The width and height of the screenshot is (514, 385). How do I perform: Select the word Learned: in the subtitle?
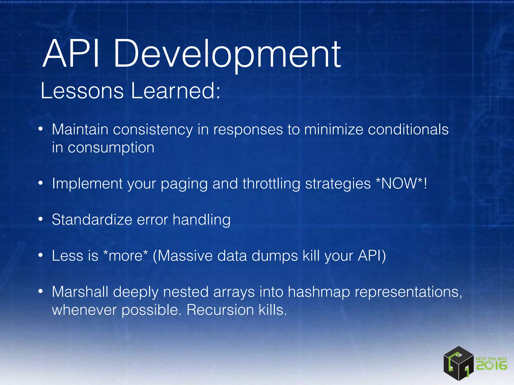click(x=175, y=90)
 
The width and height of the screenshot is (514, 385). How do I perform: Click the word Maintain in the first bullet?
click(x=80, y=130)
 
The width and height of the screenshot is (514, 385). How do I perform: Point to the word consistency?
click(x=153, y=130)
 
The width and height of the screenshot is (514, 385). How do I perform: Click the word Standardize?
click(x=92, y=220)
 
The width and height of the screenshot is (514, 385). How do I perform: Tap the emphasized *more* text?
click(x=125, y=256)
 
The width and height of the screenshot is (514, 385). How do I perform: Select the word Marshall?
click(x=80, y=292)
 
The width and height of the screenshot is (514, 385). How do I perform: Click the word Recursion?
click(x=220, y=310)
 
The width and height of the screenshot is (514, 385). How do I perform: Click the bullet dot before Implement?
click(x=41, y=183)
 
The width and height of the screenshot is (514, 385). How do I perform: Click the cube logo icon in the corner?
click(x=458, y=364)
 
